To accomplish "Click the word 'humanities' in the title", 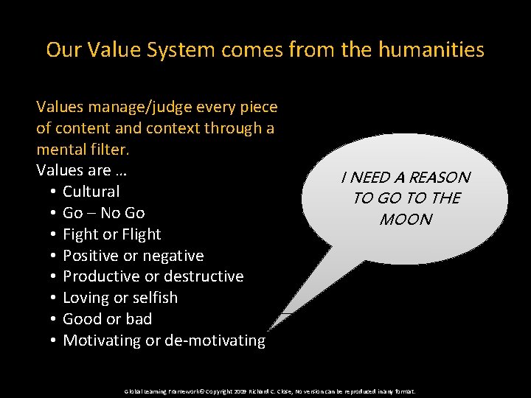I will point(431,50).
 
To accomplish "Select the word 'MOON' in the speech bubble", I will point(405,219).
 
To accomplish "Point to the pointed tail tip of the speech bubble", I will point(268,329).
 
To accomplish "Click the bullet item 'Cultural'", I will point(91,192).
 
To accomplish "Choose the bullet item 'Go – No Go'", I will point(103,213).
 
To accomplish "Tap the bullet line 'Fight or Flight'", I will point(111,234).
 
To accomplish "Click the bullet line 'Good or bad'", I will point(107,319).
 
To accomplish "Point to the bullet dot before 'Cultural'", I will point(55,192).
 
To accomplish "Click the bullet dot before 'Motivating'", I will point(55,341).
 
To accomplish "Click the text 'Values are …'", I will point(82,170).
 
